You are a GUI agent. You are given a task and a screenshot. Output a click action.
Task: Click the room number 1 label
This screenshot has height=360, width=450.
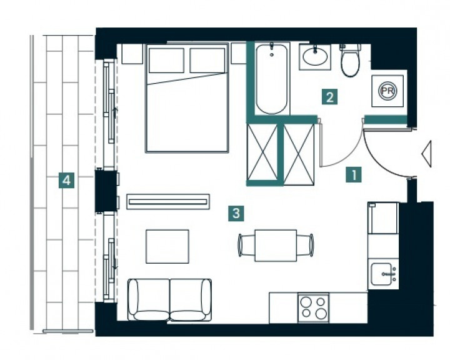354,174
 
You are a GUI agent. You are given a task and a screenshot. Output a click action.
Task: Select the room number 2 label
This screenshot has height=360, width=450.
329,97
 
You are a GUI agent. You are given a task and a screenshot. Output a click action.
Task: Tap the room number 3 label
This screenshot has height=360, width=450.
236,213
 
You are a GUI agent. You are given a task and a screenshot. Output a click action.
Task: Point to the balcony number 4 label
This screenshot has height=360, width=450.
66,180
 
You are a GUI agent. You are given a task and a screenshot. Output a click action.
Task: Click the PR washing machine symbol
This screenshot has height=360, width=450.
387,91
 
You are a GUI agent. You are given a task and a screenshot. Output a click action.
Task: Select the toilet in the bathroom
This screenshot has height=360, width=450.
350,60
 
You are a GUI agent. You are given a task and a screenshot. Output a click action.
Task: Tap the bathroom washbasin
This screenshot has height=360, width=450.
315,57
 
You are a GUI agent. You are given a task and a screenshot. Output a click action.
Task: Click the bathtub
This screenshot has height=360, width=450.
271,78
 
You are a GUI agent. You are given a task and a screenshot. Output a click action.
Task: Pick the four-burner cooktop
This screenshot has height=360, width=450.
313,308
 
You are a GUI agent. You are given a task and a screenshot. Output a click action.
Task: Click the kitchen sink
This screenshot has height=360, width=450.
383,274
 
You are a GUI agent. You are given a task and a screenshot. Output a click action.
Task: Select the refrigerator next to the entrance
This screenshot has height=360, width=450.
383,218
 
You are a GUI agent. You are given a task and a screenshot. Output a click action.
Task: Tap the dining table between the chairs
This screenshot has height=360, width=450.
276,246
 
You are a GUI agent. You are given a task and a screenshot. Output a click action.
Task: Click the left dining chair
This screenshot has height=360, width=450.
246,245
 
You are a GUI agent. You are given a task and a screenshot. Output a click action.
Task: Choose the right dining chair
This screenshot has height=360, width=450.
305,245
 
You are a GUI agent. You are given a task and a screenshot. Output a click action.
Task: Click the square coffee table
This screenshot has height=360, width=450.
167,246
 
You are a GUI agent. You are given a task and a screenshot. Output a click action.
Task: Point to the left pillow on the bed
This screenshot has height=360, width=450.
166,60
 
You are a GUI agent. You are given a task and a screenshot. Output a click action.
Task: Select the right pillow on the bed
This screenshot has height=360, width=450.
207,60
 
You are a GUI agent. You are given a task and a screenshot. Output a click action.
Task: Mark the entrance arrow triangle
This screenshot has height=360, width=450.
427,154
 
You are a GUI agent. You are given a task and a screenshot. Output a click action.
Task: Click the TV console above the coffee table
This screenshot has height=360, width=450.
168,202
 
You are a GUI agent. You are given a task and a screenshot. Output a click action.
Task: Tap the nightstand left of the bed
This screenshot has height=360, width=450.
132,54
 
